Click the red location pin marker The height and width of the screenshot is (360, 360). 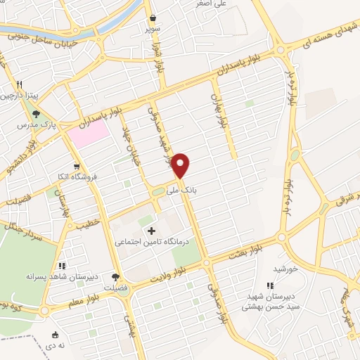(x=181, y=165)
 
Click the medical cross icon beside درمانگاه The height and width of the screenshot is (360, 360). (x=150, y=231)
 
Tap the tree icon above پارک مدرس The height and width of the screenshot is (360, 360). (x=36, y=114)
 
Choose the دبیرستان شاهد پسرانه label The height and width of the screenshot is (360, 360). (x=61, y=277)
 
